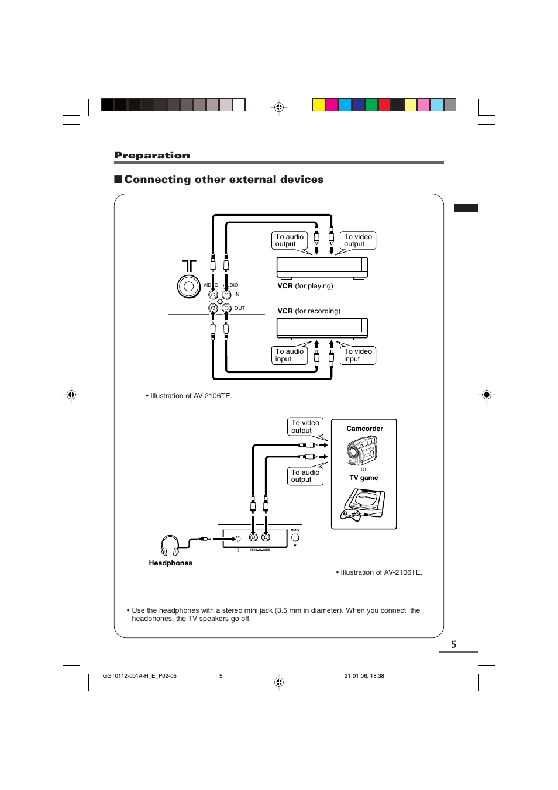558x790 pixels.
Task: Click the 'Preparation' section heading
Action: point(152,156)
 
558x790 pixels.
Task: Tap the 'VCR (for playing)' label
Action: point(305,286)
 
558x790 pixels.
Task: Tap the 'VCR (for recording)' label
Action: point(308,311)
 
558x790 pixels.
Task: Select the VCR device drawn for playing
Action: point(322,267)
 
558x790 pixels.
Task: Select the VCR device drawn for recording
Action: point(322,328)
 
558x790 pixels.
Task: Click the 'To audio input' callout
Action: point(289,356)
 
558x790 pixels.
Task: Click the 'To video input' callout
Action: point(357,356)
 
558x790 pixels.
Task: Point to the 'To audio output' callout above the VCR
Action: point(289,240)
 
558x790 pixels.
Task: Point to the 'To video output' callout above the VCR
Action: point(357,240)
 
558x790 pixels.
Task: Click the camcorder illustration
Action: point(362,450)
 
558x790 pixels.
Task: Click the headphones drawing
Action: point(170,545)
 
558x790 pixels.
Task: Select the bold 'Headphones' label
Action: point(170,563)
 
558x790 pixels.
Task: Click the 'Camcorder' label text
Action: point(364,429)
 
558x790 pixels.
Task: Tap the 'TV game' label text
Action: point(364,478)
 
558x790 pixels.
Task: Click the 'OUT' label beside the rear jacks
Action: point(240,308)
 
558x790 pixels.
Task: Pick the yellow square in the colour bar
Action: point(318,105)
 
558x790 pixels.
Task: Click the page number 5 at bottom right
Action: point(454,644)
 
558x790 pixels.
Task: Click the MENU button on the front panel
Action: point(295,537)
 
